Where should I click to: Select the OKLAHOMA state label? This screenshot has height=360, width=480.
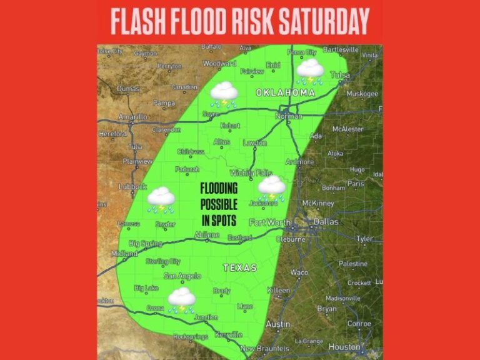(284, 92)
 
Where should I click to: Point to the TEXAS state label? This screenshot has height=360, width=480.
(240, 268)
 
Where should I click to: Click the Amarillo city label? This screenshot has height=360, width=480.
(132, 117)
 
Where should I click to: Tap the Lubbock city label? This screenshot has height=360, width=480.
(132, 186)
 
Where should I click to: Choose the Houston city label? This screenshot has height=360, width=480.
(345, 346)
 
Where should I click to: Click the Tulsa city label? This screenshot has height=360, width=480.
(340, 75)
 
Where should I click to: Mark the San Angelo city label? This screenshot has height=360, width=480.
(182, 276)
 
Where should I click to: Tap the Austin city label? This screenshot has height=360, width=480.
(278, 324)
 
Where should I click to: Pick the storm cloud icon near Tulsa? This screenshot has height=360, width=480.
(310, 71)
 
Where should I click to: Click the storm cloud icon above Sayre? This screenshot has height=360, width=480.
(223, 94)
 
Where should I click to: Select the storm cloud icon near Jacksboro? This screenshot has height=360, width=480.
(272, 188)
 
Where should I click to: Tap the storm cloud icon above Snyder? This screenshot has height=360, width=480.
(161, 199)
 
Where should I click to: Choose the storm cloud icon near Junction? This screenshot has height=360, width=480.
(181, 299)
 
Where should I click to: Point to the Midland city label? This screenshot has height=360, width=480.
(124, 254)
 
